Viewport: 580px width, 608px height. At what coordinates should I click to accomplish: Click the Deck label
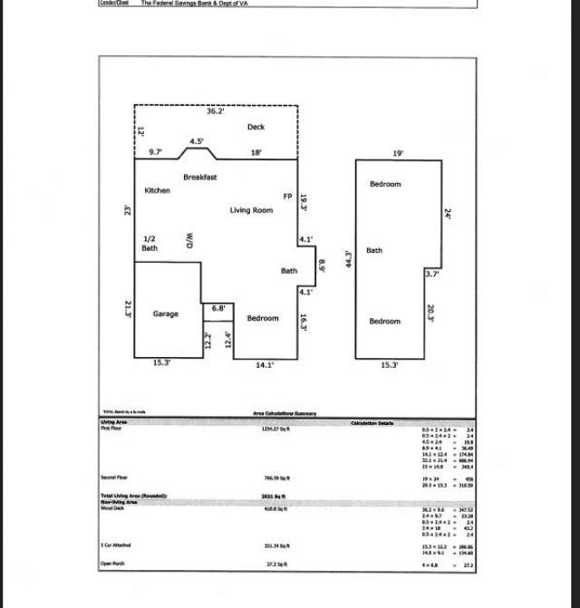point(256,128)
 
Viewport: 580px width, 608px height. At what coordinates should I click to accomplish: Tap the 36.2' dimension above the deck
point(215,111)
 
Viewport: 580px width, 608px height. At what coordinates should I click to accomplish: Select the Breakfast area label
point(199,178)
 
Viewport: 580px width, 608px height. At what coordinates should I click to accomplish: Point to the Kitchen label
point(157,191)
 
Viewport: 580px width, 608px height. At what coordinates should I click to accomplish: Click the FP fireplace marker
point(287,197)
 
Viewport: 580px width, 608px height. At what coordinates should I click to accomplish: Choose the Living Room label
point(251,211)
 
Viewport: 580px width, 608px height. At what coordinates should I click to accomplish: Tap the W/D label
point(190,240)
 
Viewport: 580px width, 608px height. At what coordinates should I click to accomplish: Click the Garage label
point(165,314)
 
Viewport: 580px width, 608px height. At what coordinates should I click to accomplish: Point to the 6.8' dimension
point(218,309)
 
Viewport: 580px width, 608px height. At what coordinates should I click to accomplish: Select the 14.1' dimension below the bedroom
point(265,365)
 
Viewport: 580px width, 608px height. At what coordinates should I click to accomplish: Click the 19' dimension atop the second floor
point(398,154)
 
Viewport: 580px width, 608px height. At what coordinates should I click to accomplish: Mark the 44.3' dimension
point(348,260)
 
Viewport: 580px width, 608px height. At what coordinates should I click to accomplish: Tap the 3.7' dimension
point(432,274)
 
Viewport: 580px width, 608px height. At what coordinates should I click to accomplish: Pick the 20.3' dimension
point(430,314)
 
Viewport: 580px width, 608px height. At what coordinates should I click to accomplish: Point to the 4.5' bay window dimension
point(197,141)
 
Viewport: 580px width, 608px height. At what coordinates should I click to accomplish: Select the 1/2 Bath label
point(150,243)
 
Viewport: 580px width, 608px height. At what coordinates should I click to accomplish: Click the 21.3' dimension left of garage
point(128,309)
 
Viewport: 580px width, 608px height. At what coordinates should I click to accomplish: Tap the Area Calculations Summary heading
point(285,414)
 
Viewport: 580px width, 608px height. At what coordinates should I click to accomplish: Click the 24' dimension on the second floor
point(448,214)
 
